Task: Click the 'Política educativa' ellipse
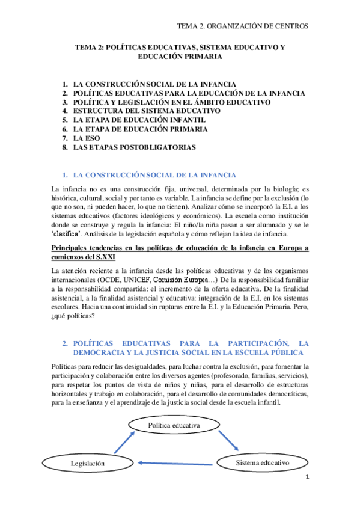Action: [x=173, y=426]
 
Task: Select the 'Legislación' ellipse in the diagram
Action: [x=87, y=463]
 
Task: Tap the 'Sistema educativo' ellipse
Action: [x=262, y=463]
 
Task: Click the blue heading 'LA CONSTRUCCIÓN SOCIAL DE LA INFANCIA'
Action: [x=154, y=176]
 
